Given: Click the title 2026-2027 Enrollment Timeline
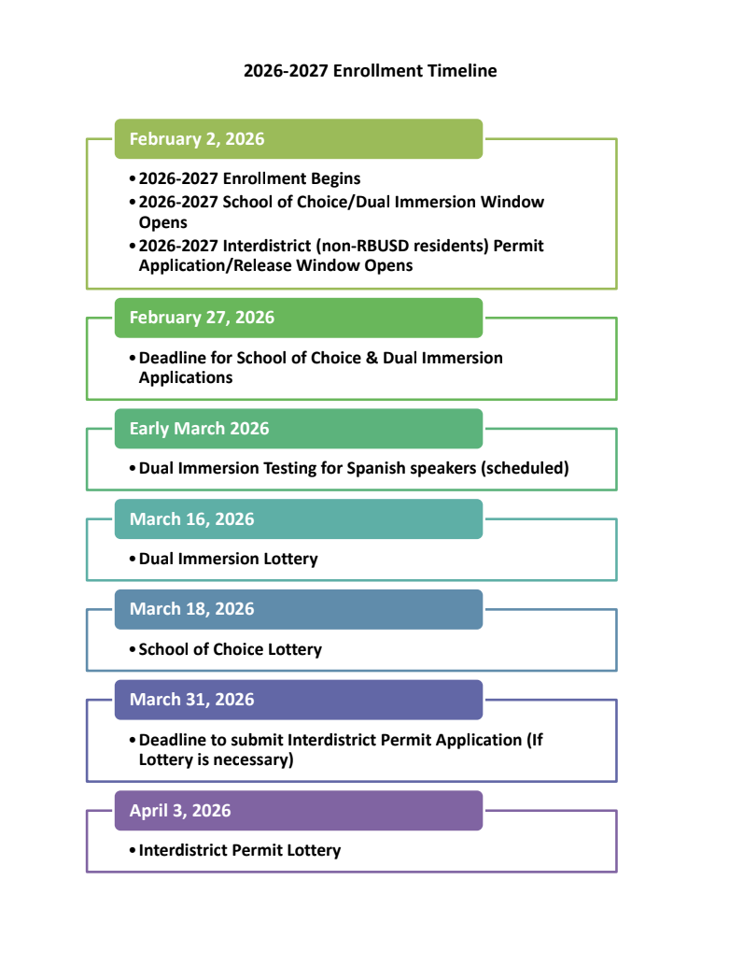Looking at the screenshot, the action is [371, 71].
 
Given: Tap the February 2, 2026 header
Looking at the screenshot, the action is [298, 139].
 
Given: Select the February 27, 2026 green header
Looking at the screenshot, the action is [298, 318].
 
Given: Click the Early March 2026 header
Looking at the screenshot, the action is [298, 429].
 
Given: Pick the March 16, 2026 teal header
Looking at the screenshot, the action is [298, 518].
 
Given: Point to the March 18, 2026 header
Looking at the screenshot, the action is [298, 609].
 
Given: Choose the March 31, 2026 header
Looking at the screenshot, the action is [298, 700].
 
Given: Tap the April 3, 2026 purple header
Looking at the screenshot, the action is [298, 811].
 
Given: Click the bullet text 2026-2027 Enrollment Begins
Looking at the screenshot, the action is [249, 178].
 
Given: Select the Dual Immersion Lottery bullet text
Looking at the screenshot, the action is [228, 559].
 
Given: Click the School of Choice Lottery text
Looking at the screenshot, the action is [230, 649].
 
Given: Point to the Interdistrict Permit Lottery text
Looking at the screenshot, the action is [240, 850].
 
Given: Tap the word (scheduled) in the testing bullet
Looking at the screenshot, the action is [525, 468].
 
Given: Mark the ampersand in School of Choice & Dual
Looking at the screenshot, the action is [372, 358].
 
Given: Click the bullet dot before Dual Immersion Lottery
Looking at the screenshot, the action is [133, 559].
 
